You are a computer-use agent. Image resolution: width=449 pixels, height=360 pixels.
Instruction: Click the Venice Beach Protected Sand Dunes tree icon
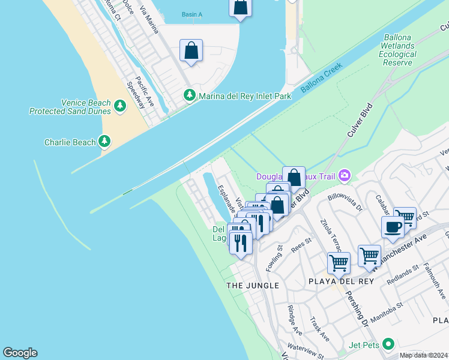120,106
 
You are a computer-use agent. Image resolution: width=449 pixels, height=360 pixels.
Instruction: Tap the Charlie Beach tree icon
105,142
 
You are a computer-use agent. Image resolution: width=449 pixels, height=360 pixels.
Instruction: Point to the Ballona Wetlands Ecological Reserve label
397,50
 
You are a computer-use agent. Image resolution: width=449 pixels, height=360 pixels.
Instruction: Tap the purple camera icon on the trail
345,175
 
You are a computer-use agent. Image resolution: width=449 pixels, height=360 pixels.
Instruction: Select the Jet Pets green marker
388,344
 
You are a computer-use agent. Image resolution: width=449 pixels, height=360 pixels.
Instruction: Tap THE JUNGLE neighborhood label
253,286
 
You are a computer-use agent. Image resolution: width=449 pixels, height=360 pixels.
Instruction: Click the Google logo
20,353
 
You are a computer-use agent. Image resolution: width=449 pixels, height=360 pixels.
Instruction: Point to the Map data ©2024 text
423,355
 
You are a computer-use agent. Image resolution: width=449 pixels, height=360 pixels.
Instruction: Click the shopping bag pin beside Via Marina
191,52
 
